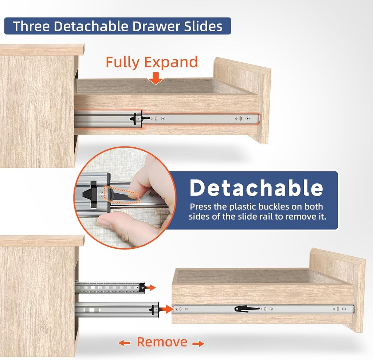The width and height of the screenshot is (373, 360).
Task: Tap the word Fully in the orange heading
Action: click(x=122, y=62)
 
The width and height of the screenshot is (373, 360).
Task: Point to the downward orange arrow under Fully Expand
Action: click(x=156, y=78)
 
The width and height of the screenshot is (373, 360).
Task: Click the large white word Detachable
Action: click(x=256, y=188)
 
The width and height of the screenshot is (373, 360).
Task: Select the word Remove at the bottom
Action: click(x=162, y=342)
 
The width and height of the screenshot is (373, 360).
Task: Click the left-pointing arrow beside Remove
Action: click(x=124, y=343)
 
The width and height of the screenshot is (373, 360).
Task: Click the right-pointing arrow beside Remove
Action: click(x=198, y=344)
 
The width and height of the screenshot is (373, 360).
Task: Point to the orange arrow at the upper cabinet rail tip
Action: click(x=151, y=288)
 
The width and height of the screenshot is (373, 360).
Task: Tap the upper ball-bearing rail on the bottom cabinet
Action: click(x=109, y=287)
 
